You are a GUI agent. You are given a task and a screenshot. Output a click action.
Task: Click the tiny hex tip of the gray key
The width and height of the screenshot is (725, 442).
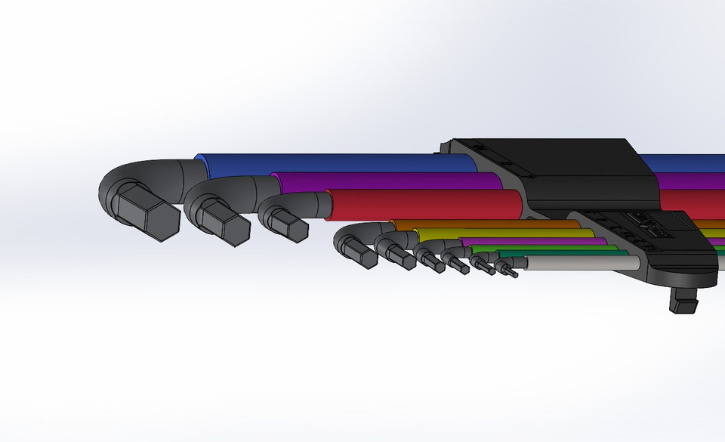pos(510,269)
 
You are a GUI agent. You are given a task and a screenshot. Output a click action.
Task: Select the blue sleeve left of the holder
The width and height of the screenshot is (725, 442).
pos(325,162)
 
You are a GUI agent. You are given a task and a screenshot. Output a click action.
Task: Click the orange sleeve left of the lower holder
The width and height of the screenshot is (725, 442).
pos(483,224)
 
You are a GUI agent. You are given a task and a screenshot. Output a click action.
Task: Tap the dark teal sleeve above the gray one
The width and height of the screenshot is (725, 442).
pos(574,254)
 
